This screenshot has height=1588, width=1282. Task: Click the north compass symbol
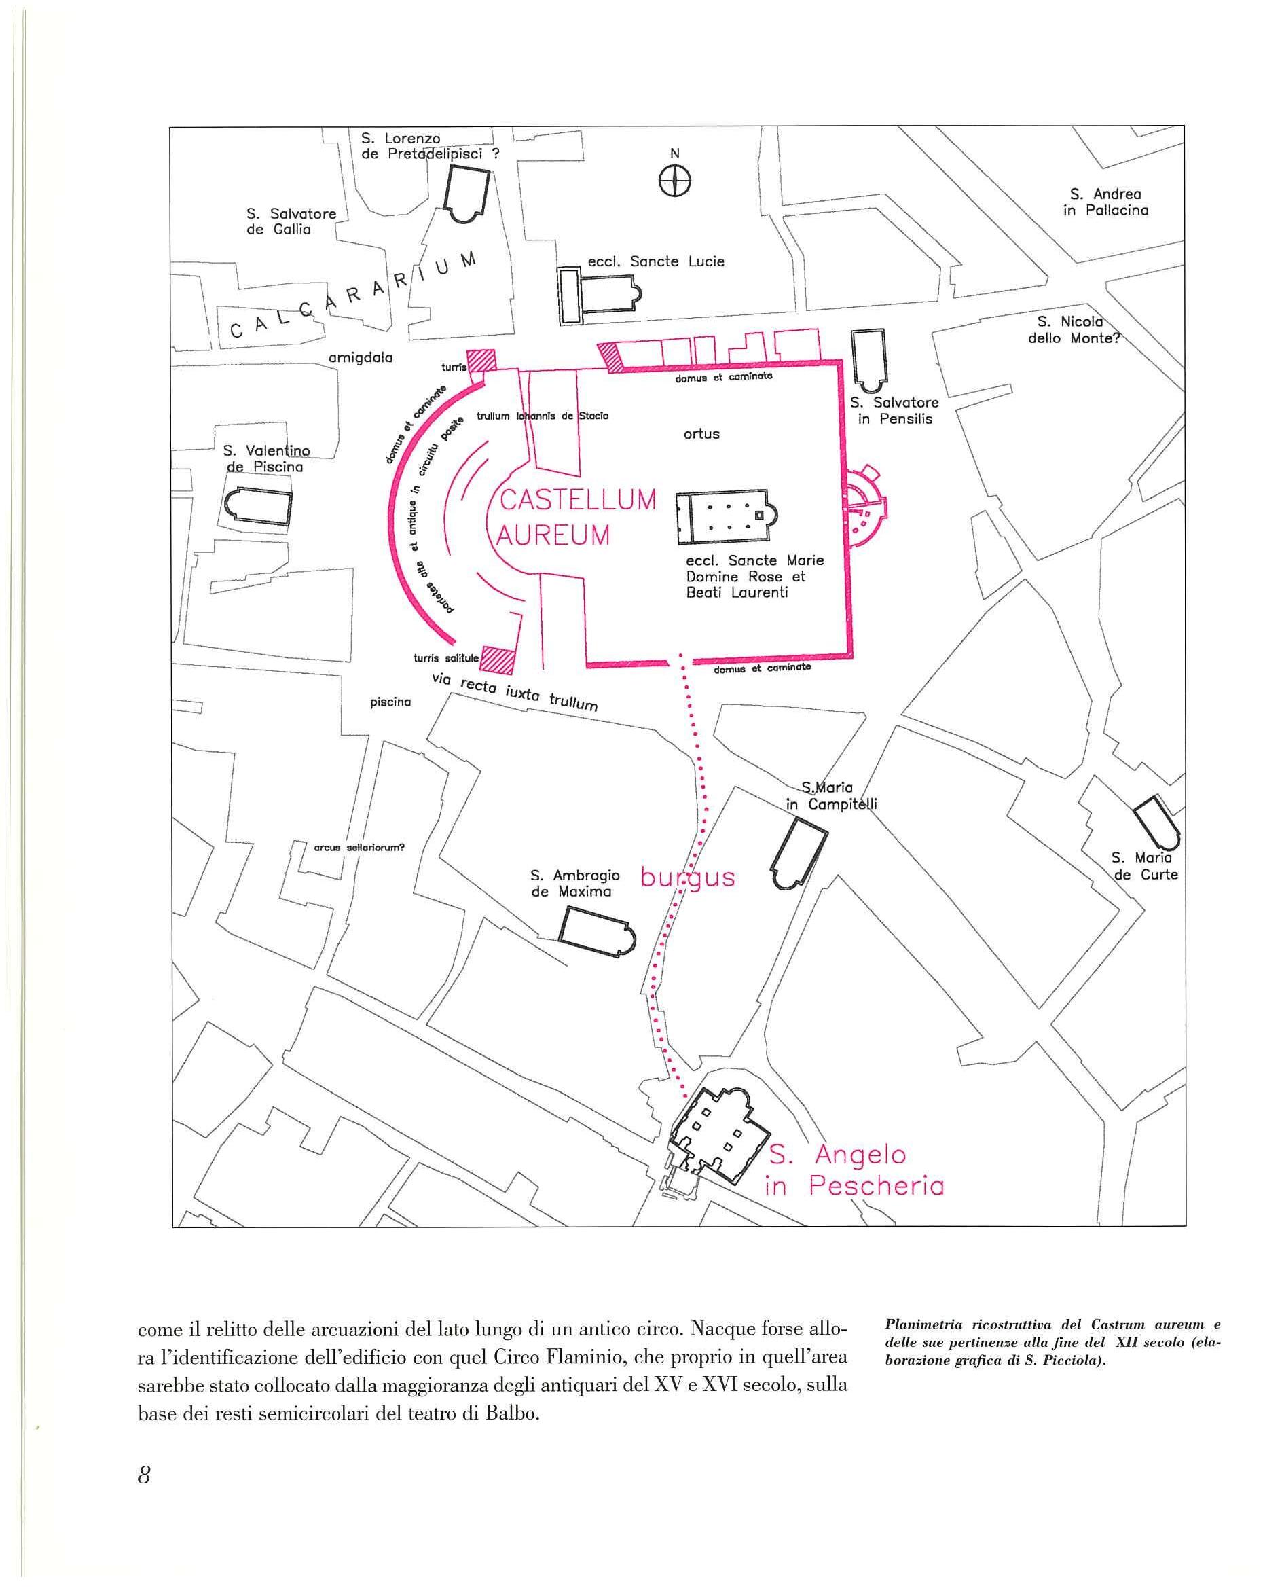pos(675,180)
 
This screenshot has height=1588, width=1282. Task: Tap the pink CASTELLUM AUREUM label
pos(576,517)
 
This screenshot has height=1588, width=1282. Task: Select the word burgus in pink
pos(688,878)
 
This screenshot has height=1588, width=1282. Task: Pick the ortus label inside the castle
pos(701,433)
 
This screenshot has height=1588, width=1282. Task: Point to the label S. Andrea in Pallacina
pos(1105,202)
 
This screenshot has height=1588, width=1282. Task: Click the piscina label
pos(390,702)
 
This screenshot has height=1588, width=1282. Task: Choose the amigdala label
pos(360,358)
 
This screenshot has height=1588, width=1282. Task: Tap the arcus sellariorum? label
pos(359,847)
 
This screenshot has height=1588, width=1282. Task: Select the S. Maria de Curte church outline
pos(1156,821)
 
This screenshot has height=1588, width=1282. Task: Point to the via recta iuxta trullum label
pos(515,693)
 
